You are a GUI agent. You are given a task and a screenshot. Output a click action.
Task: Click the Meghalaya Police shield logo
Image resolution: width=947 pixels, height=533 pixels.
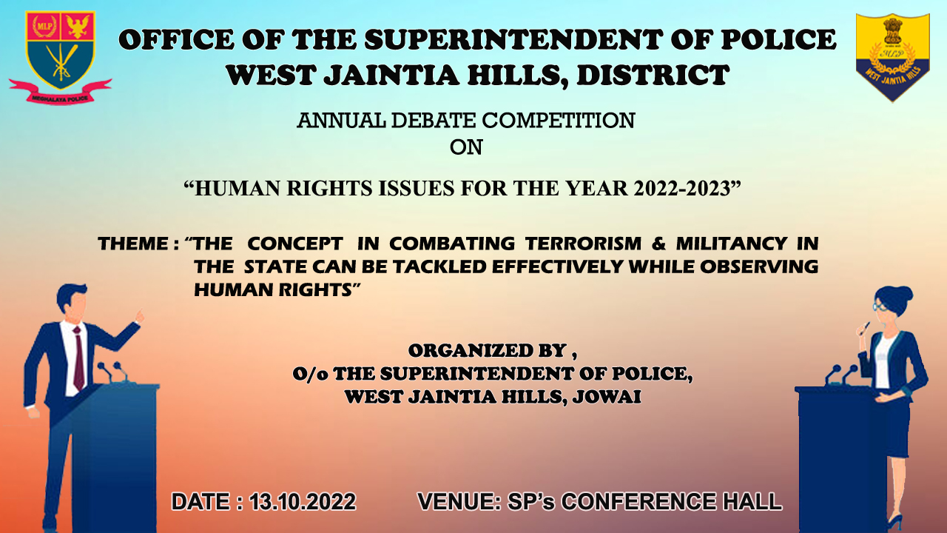pos(60,57)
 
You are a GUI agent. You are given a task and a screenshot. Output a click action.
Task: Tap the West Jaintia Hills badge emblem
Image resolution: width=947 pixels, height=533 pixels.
pos(892,58)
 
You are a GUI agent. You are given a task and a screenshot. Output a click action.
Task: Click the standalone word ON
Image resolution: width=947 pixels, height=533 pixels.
pos(466,147)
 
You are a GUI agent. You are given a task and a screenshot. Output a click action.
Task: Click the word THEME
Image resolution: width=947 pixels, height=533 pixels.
pos(133,244)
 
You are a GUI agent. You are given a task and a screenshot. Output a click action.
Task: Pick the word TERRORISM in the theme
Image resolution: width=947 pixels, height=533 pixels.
pos(584,244)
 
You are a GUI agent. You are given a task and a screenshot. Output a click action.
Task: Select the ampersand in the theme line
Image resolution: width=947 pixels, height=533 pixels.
pos(658,244)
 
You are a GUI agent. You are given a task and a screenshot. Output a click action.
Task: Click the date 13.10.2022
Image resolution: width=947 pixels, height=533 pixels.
pos(303,502)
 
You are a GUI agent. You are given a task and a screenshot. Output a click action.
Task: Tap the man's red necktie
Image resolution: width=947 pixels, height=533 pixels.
pos(78,358)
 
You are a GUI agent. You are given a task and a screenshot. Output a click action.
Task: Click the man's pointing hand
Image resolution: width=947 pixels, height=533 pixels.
pos(138,316)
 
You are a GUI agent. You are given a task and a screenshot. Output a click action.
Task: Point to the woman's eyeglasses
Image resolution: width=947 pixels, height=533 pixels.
pos(880,306)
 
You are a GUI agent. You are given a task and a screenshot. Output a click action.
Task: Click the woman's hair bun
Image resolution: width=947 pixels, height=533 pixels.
pos(905,294)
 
